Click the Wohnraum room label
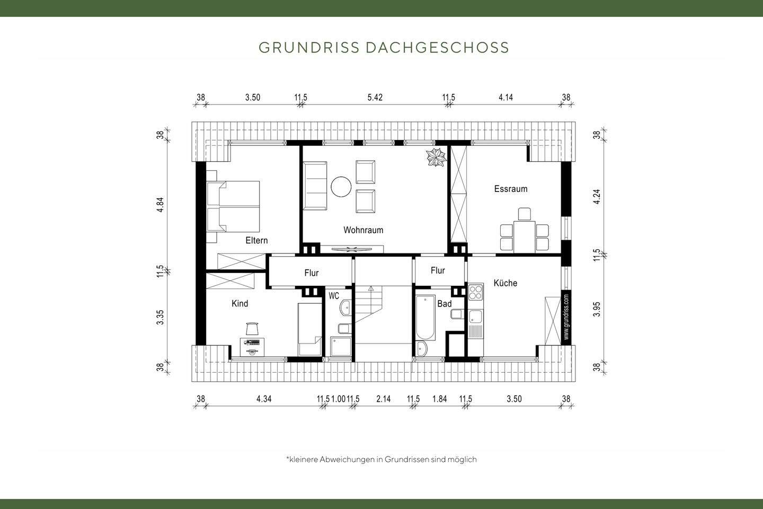click(363, 230)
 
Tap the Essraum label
click(510, 189)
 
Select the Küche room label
click(505, 283)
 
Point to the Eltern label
click(256, 241)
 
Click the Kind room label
click(239, 304)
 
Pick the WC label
click(334, 296)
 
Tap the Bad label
click(444, 304)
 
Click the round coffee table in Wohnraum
click(341, 187)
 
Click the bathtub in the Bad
click(425, 318)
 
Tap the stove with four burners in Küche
click(476, 292)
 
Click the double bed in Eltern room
click(234, 206)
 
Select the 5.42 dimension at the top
click(375, 98)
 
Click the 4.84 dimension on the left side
click(161, 205)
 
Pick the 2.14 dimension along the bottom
click(383, 399)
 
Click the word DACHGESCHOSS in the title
click(437, 48)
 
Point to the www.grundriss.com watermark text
click(566, 317)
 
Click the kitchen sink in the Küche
click(475, 317)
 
